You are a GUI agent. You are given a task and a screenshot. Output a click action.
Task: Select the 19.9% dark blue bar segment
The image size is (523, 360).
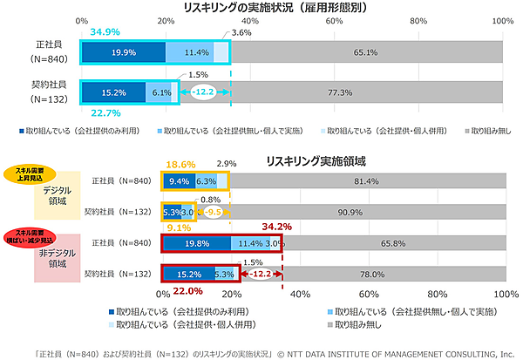pyautogui.click(x=123, y=52)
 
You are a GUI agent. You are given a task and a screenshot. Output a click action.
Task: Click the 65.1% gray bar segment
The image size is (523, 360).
pyautogui.click(x=365, y=52)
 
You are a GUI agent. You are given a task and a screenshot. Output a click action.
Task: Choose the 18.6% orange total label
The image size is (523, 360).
pyautogui.click(x=180, y=164)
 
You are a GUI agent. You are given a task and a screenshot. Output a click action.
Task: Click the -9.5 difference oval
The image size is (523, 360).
pyautogui.click(x=213, y=211)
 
